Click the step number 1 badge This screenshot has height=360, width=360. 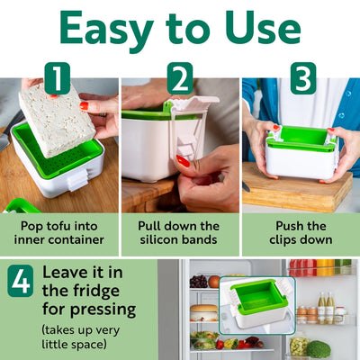click(58, 78)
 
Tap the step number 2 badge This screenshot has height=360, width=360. click(180, 78)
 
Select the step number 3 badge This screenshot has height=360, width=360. click(303, 78)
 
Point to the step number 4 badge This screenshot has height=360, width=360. click(21, 281)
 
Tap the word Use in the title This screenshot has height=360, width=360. click(263, 28)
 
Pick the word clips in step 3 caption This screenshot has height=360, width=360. click(284, 240)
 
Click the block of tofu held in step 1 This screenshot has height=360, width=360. click(57, 120)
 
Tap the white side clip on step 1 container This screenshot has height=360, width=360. click(76, 181)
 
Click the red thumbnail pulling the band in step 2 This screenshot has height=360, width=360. click(183, 161)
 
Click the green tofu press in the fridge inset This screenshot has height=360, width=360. click(258, 303)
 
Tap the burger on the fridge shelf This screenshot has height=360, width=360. click(204, 312)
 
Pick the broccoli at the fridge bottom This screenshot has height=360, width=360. click(319, 349)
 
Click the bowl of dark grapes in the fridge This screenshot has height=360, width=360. click(198, 282)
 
